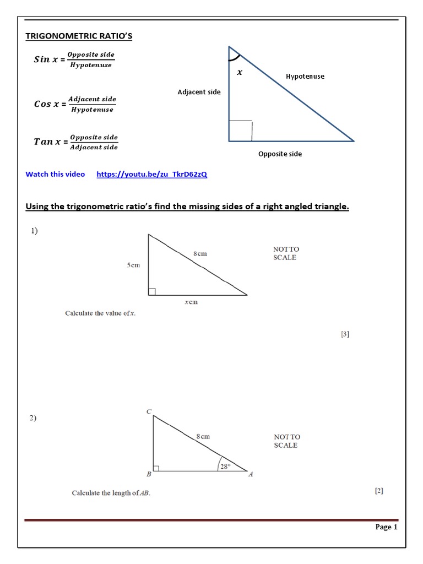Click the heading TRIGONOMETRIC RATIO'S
click(79, 36)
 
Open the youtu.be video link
click(151, 175)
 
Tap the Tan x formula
click(76, 142)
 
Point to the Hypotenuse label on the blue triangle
click(305, 77)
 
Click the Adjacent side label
click(199, 92)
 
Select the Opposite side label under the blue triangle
click(280, 154)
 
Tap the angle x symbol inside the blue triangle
click(239, 72)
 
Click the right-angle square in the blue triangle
click(240, 131)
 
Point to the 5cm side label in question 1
click(134, 265)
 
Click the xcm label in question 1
click(191, 302)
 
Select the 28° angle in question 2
click(225, 466)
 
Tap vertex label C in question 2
click(149, 411)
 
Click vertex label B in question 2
click(148, 474)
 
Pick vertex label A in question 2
click(251, 474)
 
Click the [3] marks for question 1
click(345, 334)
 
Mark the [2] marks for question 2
click(379, 490)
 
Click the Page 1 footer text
click(386, 527)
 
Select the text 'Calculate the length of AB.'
click(111, 493)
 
